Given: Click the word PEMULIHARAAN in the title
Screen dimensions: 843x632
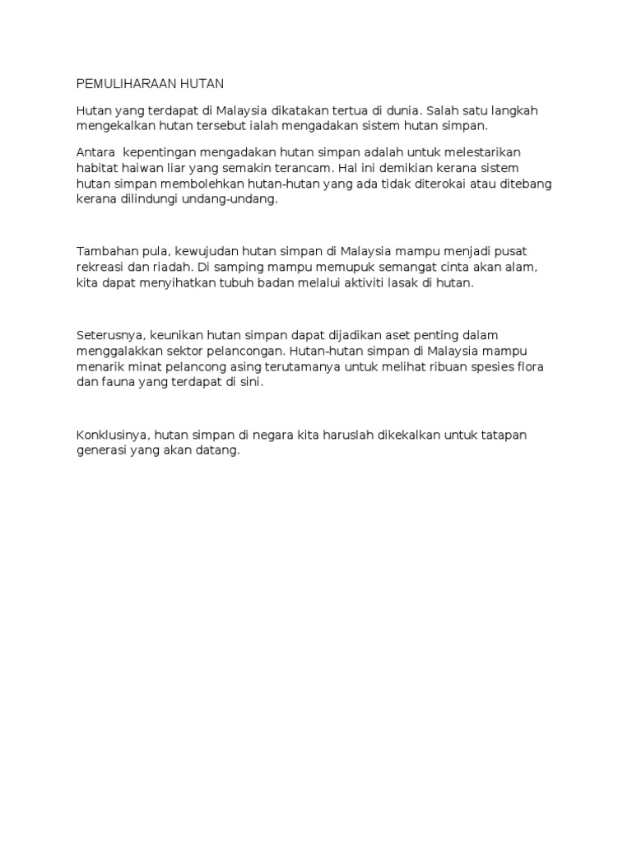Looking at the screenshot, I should (123, 83).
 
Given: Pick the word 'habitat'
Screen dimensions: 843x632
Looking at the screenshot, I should (99, 169).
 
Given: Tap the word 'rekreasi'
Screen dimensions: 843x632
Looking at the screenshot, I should (101, 267).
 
